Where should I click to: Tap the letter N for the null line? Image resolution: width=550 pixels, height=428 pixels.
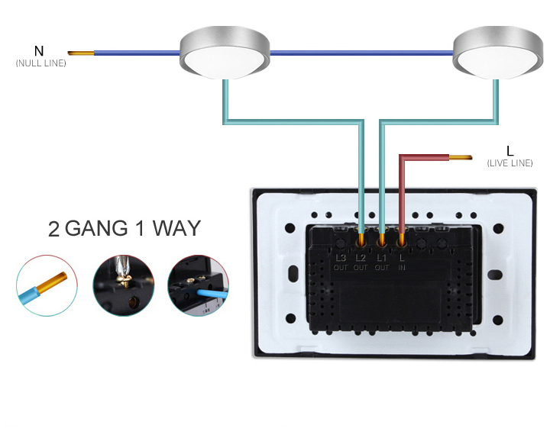(40, 51)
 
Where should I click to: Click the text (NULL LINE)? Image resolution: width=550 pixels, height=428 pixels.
(40, 63)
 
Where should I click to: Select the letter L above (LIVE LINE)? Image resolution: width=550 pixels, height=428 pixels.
(510, 150)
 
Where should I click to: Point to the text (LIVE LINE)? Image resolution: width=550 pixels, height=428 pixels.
(510, 163)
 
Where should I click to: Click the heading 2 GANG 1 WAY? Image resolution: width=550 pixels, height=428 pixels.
(125, 228)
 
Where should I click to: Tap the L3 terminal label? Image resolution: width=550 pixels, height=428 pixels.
(341, 258)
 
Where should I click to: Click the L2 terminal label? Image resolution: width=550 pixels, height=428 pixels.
(361, 258)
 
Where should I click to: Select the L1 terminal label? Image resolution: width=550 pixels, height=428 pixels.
(382, 258)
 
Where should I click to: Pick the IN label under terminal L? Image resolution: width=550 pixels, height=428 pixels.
(403, 268)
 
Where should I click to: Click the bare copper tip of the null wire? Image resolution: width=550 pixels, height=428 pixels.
(80, 53)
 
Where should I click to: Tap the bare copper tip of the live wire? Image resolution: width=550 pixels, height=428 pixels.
(461, 158)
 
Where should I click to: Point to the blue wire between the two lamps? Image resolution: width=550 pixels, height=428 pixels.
(361, 53)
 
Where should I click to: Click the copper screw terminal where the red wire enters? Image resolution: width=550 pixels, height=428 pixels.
(402, 240)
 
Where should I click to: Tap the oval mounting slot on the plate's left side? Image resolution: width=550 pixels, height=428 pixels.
(291, 273)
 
